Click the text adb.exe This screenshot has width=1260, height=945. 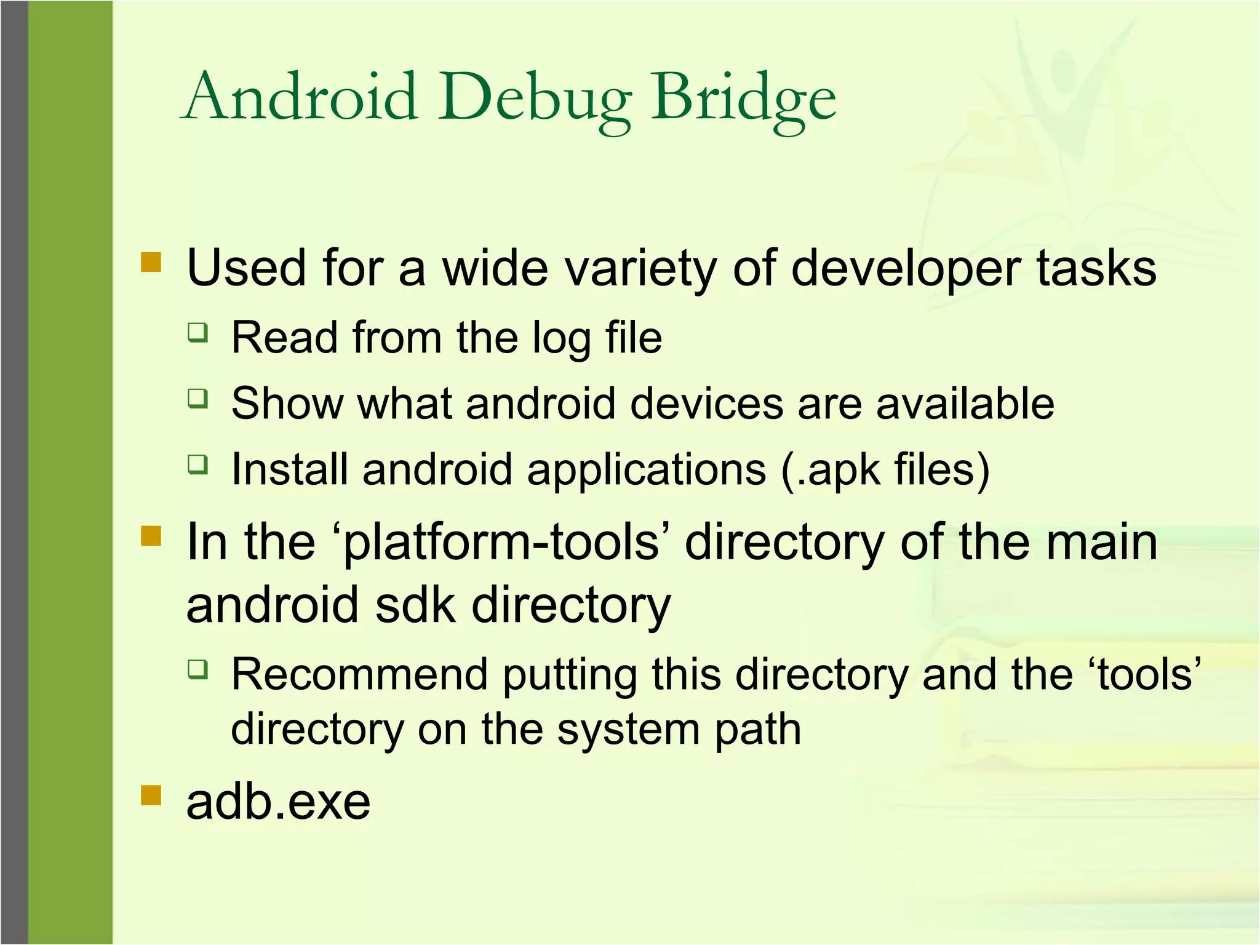278,802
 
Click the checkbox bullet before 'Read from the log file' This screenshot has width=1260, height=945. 198,333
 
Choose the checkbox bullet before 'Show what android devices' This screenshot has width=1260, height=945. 198,398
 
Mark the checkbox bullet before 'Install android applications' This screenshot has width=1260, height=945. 198,464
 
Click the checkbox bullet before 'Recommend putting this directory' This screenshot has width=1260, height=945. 198,669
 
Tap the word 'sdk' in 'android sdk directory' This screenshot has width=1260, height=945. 416,605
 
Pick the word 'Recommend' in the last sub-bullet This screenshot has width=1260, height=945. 359,675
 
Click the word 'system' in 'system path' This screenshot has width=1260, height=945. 628,731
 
